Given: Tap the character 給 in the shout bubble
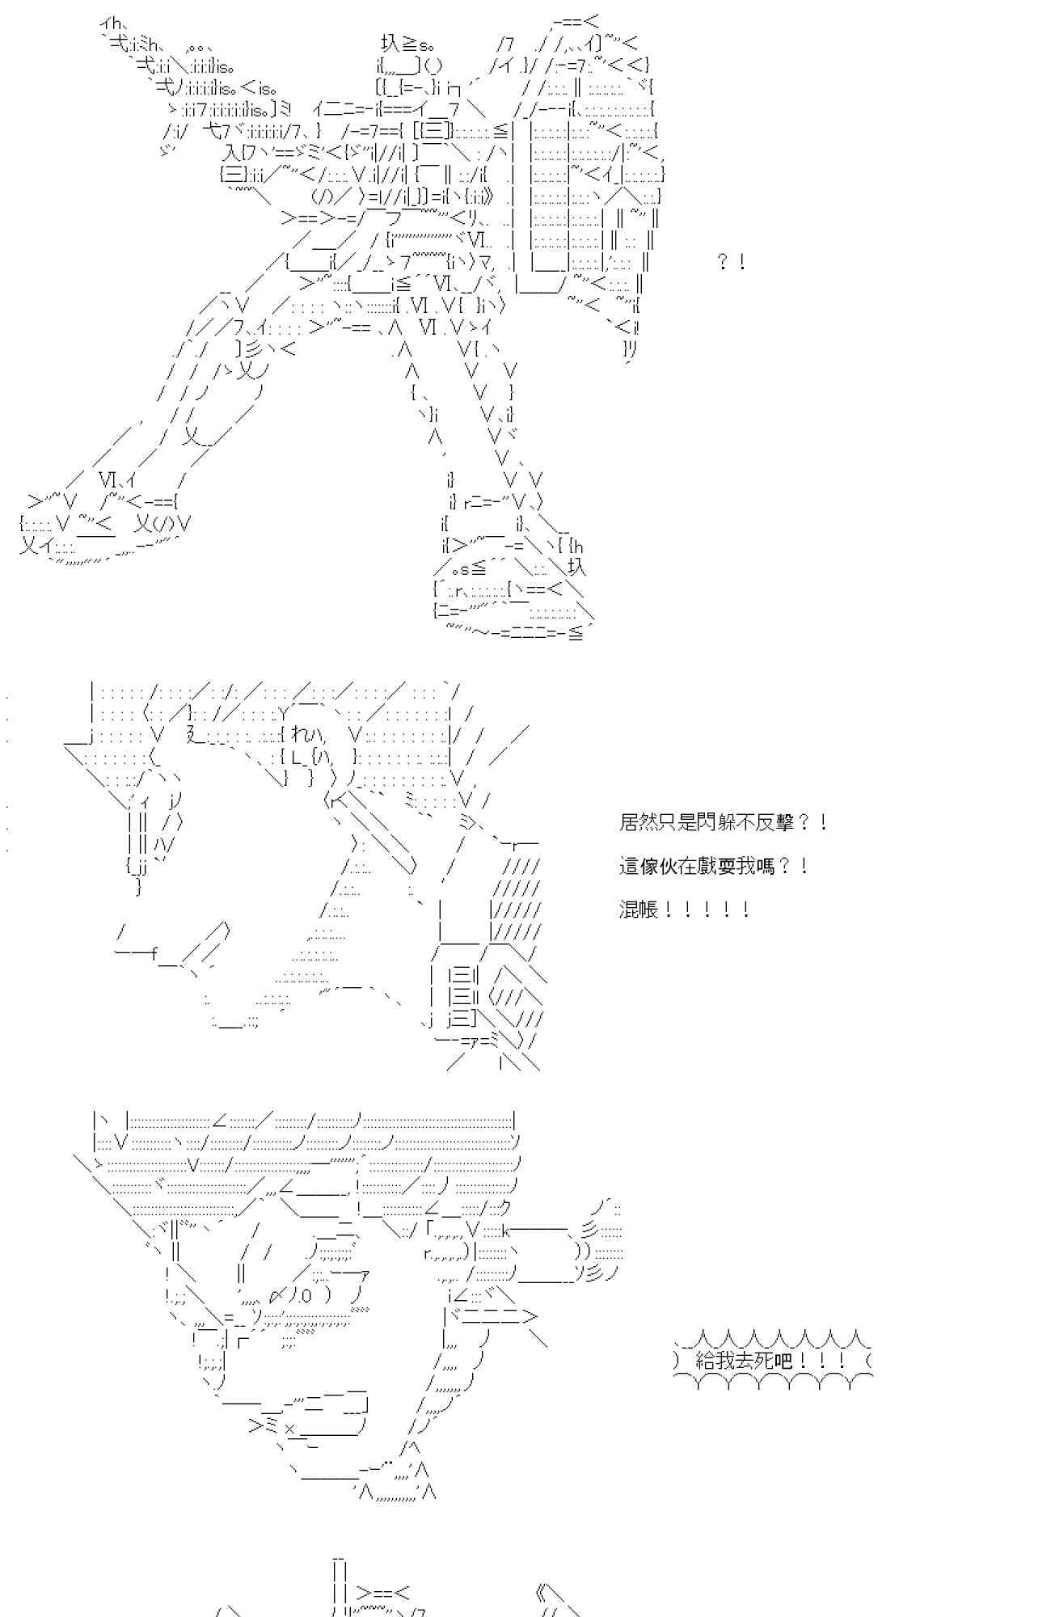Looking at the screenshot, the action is click(x=705, y=1361).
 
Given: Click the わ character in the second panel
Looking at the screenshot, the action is click(x=298, y=736).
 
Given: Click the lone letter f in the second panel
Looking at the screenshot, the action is click(x=153, y=953).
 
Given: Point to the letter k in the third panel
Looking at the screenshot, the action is click(x=506, y=1231).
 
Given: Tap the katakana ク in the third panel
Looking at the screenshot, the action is click(x=504, y=1210).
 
